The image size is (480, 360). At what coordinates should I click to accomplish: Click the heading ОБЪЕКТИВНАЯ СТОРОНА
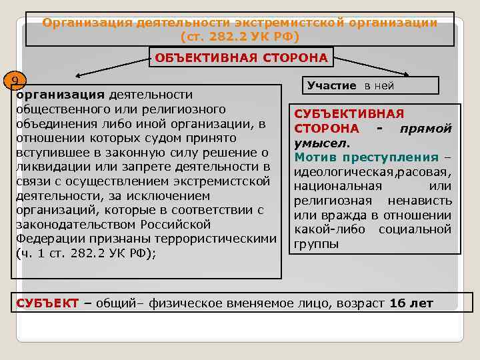[x=241, y=57]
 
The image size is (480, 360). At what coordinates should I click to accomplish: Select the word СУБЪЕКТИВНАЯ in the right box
[x=349, y=114]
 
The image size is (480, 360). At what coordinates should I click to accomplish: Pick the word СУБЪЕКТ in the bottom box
[x=46, y=303]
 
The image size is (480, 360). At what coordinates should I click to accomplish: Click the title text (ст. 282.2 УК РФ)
[x=240, y=35]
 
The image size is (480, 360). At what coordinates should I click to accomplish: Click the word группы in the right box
[x=316, y=244]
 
